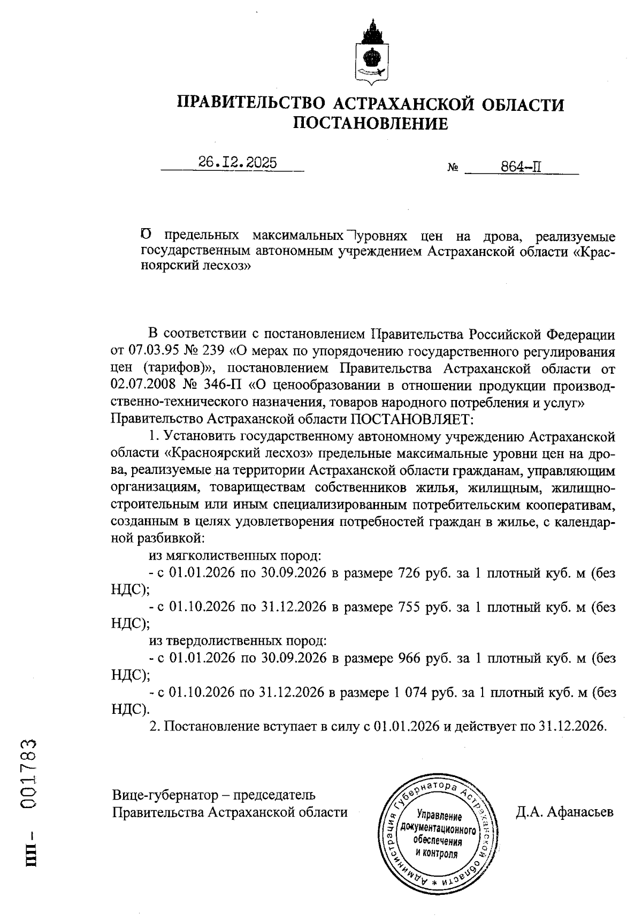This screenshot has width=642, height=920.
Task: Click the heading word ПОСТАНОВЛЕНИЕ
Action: tap(370, 124)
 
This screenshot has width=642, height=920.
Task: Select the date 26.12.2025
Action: tap(238, 163)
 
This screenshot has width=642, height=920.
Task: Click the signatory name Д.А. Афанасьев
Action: tap(564, 812)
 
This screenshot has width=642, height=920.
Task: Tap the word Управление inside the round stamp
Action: tap(438, 816)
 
